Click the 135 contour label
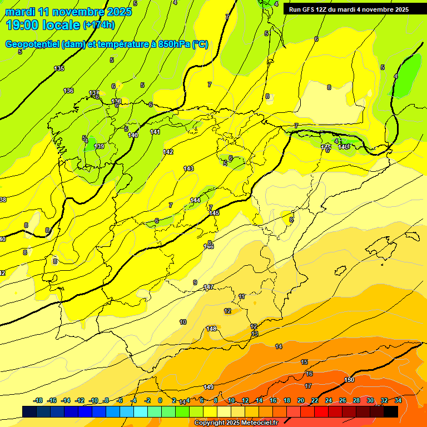coord(59,68)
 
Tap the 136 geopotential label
coord(68,91)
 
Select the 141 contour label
coord(155,132)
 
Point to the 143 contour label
coord(188,168)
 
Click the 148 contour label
coord(211,329)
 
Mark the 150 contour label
coord(349,380)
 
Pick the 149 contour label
coord(208,387)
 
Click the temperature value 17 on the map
coord(308,385)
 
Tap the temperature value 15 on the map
coord(304,362)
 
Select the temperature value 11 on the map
coord(241,297)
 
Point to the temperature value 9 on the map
coord(195,282)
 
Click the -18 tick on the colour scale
coord(38,400)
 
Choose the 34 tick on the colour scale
coord(398,400)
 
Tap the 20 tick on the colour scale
coord(301,400)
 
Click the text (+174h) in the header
coord(99,25)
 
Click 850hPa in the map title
coord(172,44)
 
